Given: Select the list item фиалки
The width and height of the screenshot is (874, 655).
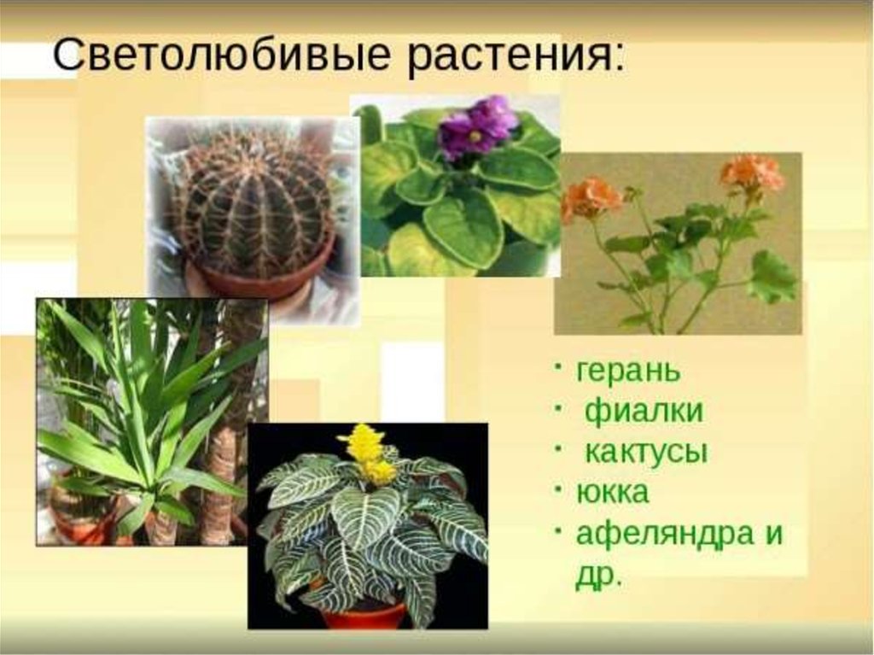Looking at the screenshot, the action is point(644,411).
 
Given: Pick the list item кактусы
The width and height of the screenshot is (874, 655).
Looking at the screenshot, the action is point(646,451).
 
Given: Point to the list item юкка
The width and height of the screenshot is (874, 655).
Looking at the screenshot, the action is point(612,492).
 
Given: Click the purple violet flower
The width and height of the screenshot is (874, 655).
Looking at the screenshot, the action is point(475,126).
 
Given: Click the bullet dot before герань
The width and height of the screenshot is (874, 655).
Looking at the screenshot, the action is point(558,366).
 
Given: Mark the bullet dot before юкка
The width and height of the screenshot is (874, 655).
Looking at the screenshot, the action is point(558,488).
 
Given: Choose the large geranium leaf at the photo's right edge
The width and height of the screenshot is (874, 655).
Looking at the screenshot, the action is point(772,277).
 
